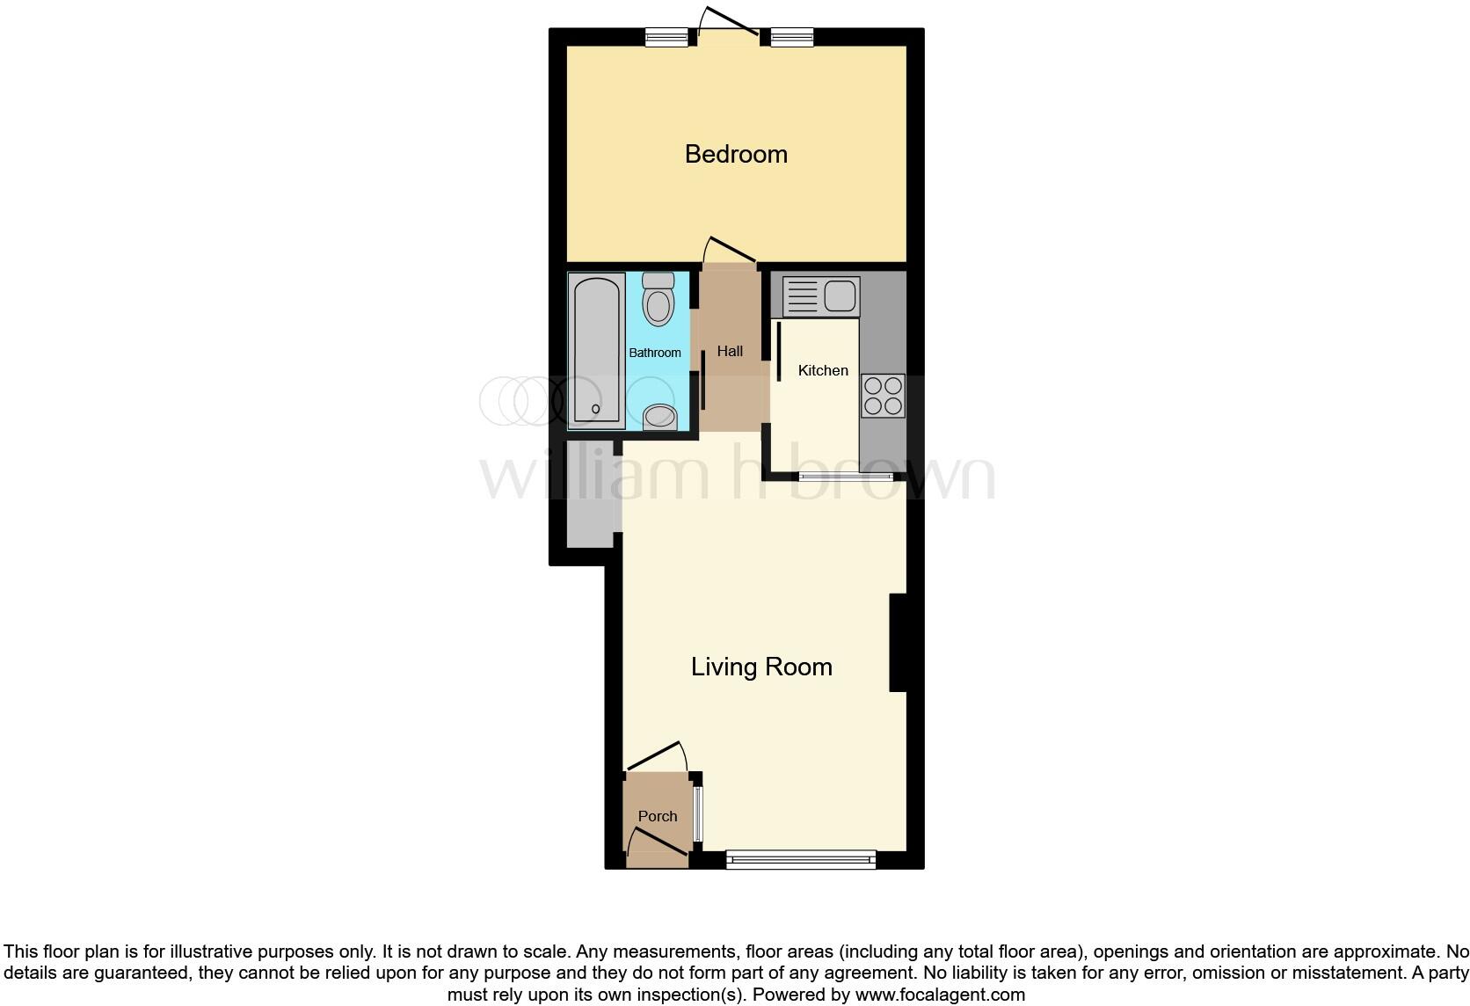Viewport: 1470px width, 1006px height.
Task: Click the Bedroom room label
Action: [x=736, y=154]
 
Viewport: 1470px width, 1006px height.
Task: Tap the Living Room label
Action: [x=761, y=667]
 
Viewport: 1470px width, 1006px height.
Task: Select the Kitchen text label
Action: [x=823, y=370]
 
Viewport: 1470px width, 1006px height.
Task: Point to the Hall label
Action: [x=730, y=351]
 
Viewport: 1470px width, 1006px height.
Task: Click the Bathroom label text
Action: [x=655, y=353]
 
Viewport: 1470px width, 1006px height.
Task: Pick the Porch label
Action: [x=658, y=816]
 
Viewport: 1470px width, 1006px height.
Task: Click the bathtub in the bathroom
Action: [x=597, y=350]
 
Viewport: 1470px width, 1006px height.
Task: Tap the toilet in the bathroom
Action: [x=659, y=299]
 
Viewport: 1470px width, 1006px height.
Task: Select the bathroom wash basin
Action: [x=659, y=417]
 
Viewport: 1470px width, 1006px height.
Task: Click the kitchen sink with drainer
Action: [x=820, y=296]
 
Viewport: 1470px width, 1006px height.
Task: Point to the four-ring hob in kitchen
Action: [x=883, y=395]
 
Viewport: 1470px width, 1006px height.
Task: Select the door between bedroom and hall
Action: [x=730, y=251]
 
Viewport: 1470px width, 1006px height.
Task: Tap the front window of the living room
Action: [x=801, y=859]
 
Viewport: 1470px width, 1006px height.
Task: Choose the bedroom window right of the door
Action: [x=792, y=37]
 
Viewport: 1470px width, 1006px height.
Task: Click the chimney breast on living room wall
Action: [x=898, y=643]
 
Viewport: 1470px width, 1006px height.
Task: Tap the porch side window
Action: [x=698, y=813]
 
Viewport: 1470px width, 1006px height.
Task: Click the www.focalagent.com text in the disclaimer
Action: [x=939, y=995]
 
